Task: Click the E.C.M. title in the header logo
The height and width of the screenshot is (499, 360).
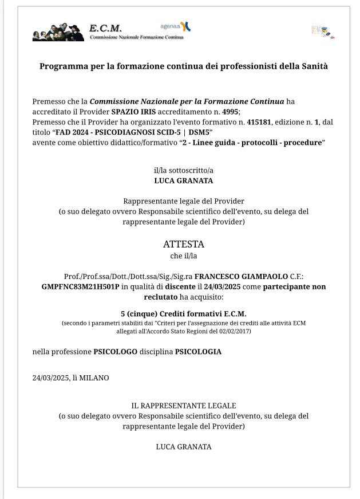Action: [105, 28]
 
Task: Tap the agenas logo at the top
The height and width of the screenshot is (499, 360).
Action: [176, 26]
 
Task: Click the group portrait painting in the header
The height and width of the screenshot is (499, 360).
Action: [58, 32]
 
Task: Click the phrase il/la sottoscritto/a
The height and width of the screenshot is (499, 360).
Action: [183, 170]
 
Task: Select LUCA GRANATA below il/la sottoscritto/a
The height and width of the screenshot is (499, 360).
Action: [183, 180]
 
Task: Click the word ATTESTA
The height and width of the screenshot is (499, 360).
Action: [183, 244]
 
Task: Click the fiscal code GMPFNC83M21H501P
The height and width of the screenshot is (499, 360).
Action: [80, 286]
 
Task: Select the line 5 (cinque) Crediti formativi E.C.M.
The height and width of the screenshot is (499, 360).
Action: [183, 313]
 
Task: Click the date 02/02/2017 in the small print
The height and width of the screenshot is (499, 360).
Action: [235, 331]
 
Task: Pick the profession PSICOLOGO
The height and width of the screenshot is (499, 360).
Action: [115, 352]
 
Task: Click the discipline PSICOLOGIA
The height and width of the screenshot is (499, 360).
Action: [198, 352]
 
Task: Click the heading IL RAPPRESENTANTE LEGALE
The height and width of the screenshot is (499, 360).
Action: [183, 406]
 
